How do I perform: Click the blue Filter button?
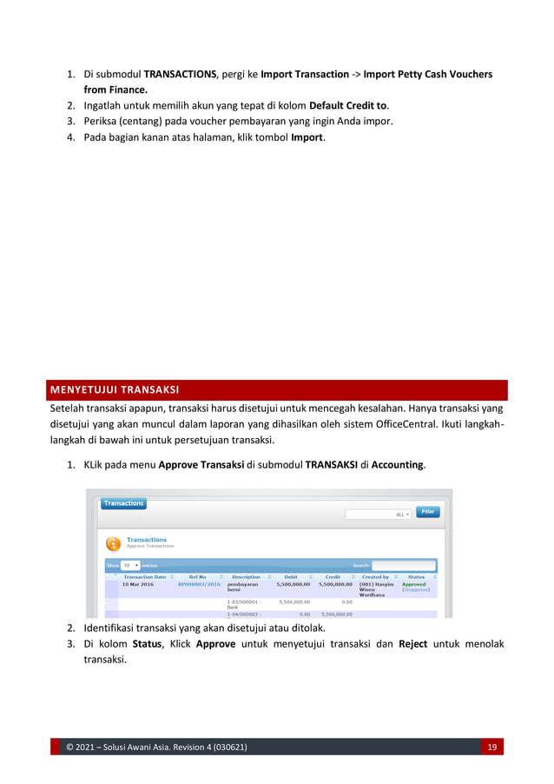(x=427, y=512)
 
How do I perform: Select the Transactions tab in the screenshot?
(x=123, y=503)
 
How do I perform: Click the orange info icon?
(x=113, y=543)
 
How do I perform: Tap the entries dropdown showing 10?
(x=130, y=565)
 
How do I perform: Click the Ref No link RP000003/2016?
(x=199, y=585)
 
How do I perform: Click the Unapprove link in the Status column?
(x=416, y=590)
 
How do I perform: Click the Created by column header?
(x=375, y=576)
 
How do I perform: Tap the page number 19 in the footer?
(x=491, y=747)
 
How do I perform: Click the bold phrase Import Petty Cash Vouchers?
(x=428, y=75)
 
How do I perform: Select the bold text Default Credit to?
(x=347, y=105)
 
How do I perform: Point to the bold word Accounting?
(x=398, y=465)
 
